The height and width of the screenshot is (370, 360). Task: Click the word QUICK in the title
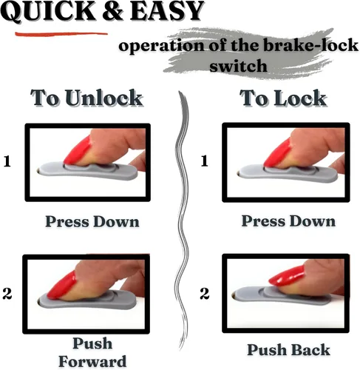(x=48, y=10)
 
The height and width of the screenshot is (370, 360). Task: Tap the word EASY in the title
(x=167, y=10)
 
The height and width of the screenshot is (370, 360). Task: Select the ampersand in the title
(x=112, y=10)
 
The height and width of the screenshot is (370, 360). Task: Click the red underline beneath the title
(x=61, y=34)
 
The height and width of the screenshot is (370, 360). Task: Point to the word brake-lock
(x=310, y=45)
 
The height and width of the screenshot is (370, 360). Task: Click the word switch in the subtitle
(x=238, y=66)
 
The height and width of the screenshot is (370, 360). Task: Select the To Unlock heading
(x=86, y=98)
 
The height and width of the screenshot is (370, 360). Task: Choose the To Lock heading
(x=283, y=98)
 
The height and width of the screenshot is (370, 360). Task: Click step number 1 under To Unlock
(x=7, y=162)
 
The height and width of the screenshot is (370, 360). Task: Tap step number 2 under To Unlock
(x=7, y=294)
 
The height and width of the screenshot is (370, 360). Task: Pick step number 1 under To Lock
(x=205, y=161)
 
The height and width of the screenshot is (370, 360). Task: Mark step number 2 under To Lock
(x=205, y=294)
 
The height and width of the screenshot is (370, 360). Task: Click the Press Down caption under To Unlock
(x=92, y=221)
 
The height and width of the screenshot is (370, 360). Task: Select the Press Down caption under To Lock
(x=288, y=221)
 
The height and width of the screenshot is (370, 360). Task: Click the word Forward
(x=92, y=362)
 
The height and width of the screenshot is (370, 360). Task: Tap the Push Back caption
(x=288, y=350)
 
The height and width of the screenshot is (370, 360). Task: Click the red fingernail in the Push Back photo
(x=286, y=276)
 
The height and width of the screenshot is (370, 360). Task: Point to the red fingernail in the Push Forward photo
(x=61, y=285)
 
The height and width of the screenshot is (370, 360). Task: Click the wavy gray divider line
(x=183, y=220)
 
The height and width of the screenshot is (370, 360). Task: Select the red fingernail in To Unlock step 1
(x=78, y=150)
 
